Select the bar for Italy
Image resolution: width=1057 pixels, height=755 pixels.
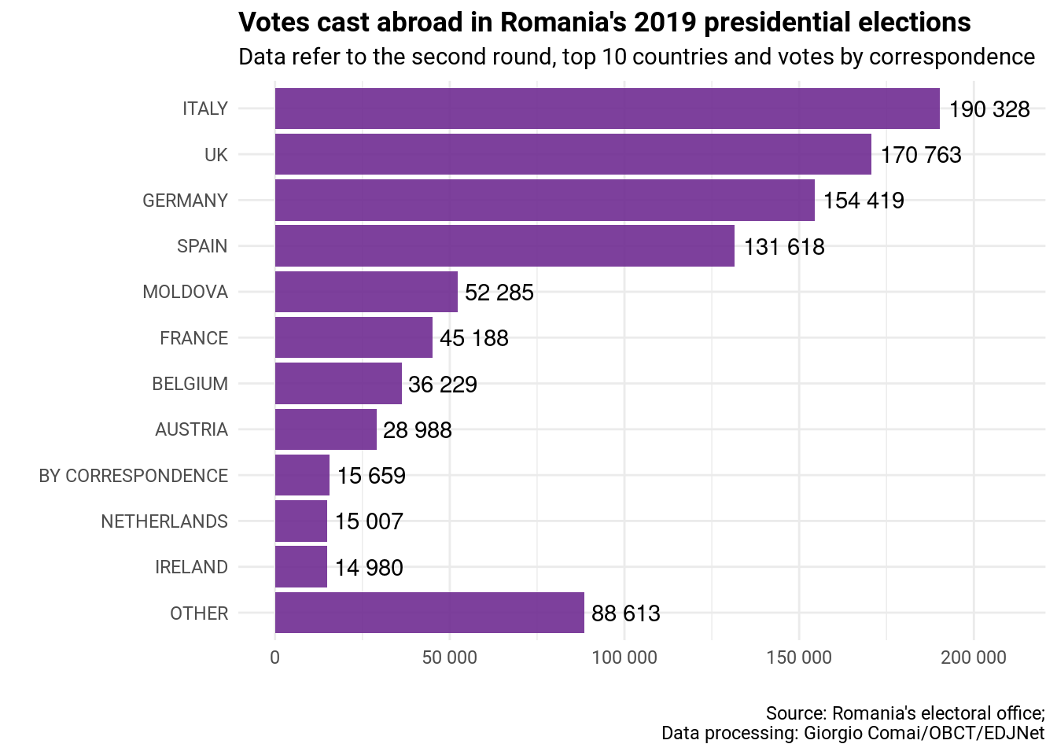[607, 109]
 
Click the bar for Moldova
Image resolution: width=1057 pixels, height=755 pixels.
[366, 292]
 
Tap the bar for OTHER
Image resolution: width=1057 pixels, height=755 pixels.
[429, 613]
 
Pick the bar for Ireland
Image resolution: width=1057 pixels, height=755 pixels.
[301, 567]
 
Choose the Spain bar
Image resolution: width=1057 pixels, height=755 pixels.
[505, 246]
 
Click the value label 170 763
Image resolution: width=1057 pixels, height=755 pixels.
[921, 155]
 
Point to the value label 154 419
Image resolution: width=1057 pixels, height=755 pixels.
[864, 201]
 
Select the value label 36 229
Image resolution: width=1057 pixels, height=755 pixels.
[443, 384]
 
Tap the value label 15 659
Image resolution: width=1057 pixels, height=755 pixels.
[371, 476]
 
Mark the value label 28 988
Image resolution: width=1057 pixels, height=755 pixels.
[418, 430]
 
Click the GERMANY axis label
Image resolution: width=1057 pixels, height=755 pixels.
[185, 201]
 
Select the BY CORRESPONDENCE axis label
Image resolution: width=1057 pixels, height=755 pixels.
[134, 476]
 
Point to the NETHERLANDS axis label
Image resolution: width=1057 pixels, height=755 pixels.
[164, 521]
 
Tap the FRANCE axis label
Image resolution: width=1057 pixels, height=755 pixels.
[193, 338]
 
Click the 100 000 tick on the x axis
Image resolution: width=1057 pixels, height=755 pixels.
[624, 657]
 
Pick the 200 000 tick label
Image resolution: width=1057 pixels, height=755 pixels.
[974, 657]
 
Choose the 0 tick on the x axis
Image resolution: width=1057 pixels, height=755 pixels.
[274, 657]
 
